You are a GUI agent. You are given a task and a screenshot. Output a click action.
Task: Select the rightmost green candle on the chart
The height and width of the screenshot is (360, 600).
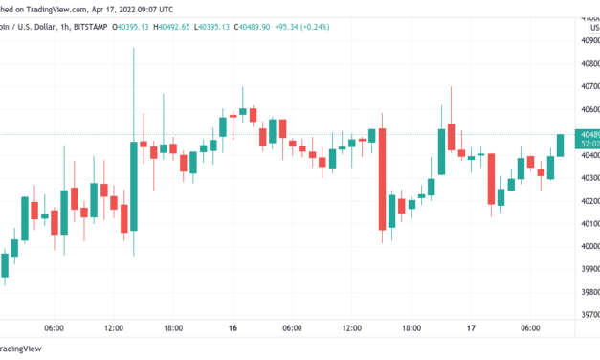pos(561,146)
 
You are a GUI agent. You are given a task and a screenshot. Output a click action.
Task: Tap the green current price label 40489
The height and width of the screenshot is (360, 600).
pos(586,135)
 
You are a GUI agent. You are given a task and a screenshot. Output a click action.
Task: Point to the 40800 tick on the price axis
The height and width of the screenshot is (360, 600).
pos(586,64)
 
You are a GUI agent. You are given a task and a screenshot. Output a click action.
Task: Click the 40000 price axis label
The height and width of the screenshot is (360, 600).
pos(586,246)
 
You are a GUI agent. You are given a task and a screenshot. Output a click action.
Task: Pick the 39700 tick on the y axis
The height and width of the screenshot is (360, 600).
pos(586,314)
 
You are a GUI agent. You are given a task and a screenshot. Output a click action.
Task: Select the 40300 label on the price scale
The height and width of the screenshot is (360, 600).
pos(586,178)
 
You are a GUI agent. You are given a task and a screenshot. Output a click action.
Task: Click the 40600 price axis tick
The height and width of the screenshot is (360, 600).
pos(586,109)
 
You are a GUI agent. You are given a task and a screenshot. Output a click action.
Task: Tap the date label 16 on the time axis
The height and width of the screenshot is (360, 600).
pos(233,328)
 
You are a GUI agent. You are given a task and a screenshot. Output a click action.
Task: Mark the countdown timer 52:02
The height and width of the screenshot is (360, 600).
pos(586,145)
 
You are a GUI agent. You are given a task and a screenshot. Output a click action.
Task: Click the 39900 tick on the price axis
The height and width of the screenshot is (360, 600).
pos(586,269)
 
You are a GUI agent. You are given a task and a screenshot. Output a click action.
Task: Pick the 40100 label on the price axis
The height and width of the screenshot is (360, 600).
pos(586,223)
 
